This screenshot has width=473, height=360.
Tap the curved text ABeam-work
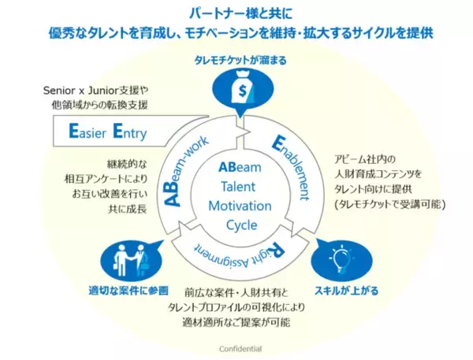tap(188, 169)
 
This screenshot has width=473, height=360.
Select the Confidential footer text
tap(237, 347)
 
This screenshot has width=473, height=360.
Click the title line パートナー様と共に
tap(236, 13)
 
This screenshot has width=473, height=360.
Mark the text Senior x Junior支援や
tap(96, 90)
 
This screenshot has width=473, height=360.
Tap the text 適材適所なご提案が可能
tap(236, 321)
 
